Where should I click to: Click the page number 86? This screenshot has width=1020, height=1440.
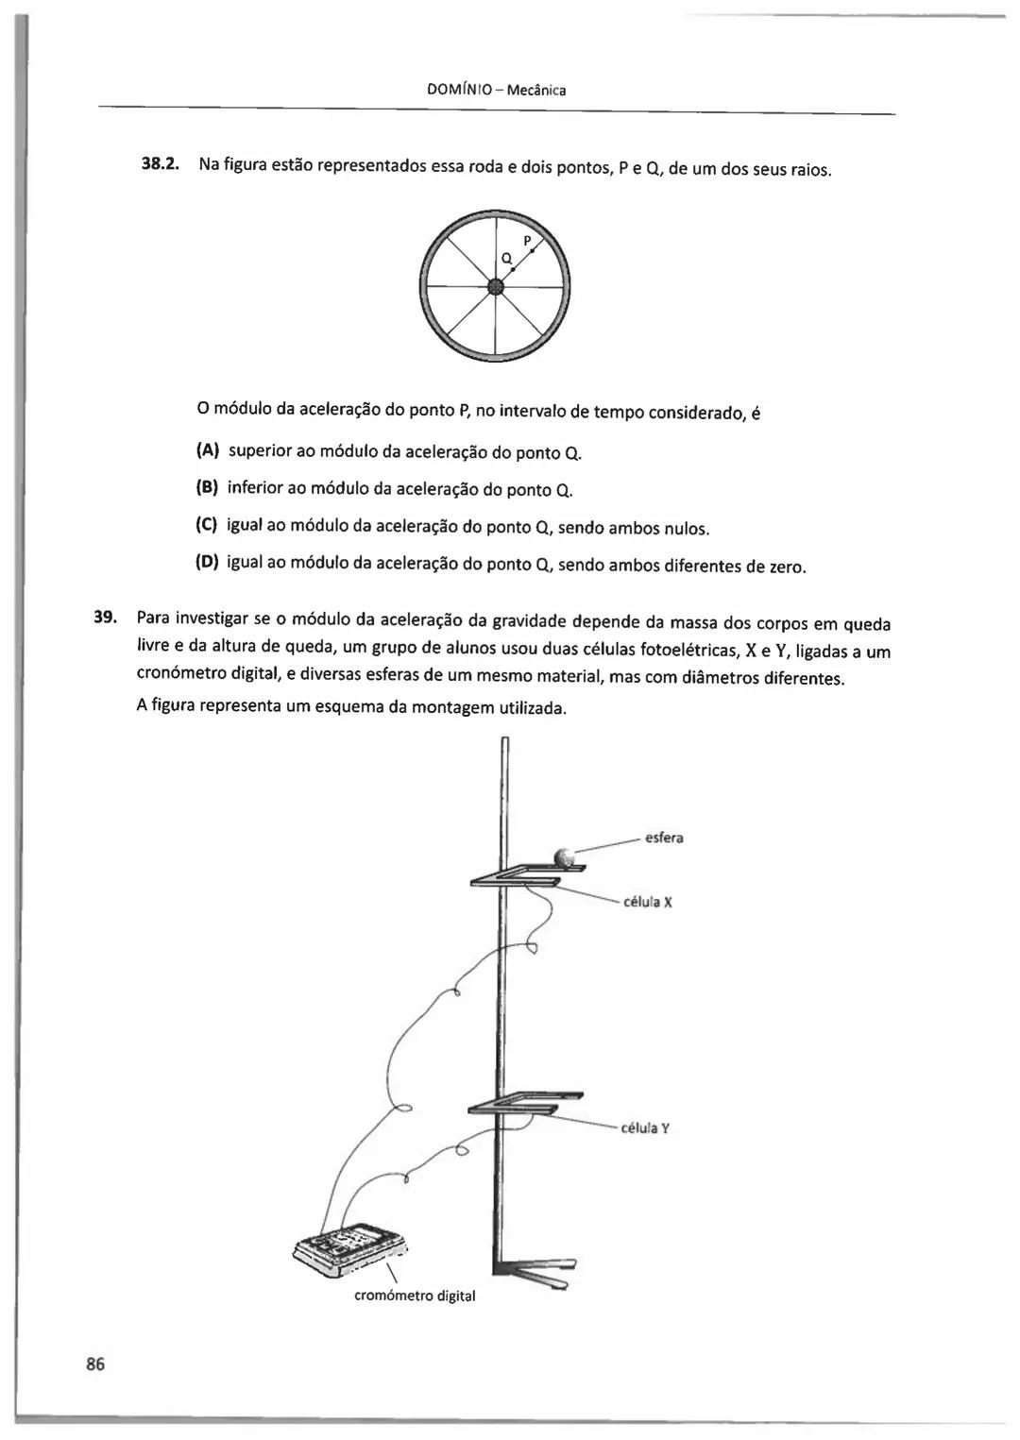[95, 1364]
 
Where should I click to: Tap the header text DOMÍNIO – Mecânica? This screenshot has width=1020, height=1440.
[496, 91]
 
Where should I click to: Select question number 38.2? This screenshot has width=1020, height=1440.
[160, 164]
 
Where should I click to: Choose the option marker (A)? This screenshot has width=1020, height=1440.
[208, 450]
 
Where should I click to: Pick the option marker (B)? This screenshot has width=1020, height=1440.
[207, 488]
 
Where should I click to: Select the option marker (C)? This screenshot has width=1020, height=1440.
[207, 526]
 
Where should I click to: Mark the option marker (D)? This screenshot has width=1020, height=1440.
[207, 564]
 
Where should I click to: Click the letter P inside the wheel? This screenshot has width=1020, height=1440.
[528, 241]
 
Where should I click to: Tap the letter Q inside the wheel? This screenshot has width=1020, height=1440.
[506, 258]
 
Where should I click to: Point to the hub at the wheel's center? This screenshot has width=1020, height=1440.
[495, 287]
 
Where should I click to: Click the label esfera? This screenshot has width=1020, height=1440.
[664, 838]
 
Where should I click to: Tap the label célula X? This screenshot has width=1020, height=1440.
[648, 902]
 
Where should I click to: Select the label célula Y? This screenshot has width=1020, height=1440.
[645, 1127]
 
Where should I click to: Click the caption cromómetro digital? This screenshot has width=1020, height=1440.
[415, 1296]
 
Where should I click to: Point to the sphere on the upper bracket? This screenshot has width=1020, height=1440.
[565, 857]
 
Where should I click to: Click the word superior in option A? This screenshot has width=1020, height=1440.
[260, 451]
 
